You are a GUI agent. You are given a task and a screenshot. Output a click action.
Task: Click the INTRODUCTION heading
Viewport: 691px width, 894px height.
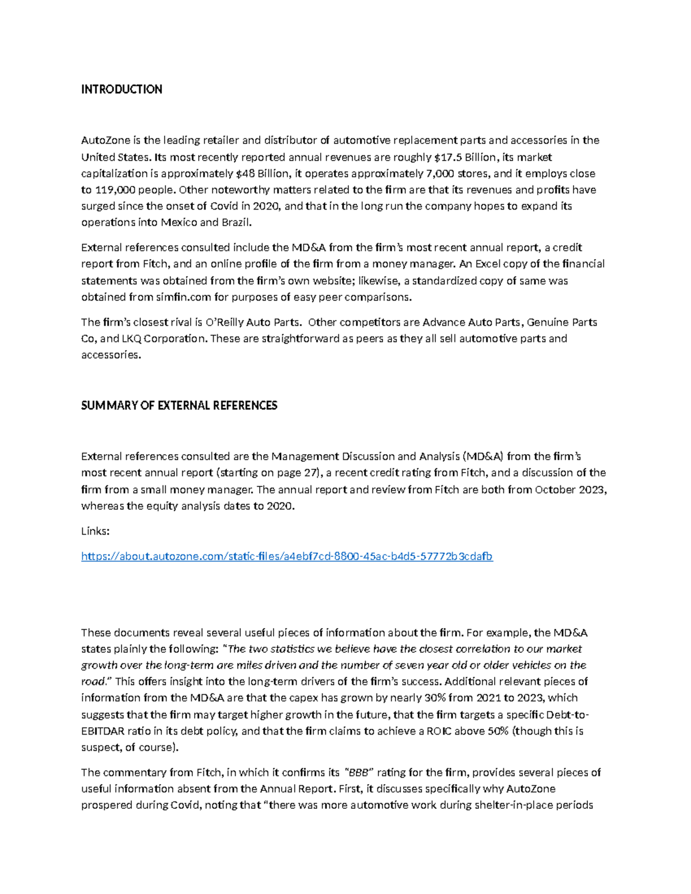122,89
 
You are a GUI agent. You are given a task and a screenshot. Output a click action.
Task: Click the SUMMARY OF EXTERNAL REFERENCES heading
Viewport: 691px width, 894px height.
179,405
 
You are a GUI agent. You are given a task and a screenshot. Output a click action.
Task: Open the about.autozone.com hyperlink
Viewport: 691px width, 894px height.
287,556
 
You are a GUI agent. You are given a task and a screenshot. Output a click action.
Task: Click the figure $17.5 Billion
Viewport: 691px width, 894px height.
465,157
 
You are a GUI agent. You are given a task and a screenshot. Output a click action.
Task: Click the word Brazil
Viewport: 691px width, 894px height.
237,222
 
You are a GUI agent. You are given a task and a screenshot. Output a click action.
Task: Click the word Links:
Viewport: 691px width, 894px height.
95,531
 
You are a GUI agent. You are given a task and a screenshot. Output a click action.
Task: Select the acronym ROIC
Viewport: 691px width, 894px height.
444,731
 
